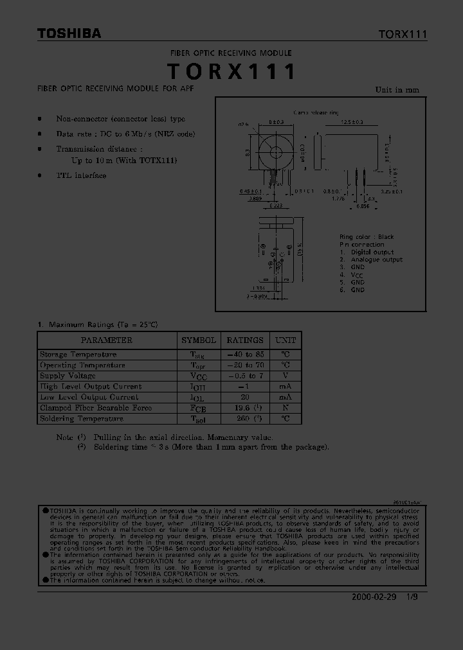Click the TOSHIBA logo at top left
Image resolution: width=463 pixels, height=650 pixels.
point(69,34)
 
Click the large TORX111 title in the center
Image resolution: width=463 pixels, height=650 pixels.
point(232,71)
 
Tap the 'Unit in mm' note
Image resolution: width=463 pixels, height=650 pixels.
point(397,90)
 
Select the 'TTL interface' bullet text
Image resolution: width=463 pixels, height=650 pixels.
point(81,175)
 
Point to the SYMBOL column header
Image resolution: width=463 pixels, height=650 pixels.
point(199,340)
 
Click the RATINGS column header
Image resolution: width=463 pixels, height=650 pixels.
point(244,340)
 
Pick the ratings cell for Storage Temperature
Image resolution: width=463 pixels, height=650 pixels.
point(244,355)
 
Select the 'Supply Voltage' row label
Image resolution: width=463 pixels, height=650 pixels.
point(68,376)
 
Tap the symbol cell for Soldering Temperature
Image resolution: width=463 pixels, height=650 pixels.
point(199,419)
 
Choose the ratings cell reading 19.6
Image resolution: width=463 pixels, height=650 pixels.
point(244,408)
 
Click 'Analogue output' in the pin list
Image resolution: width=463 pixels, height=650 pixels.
point(376,259)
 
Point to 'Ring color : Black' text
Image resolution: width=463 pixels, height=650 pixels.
point(367,237)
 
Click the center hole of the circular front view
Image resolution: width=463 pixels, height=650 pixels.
point(277,152)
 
